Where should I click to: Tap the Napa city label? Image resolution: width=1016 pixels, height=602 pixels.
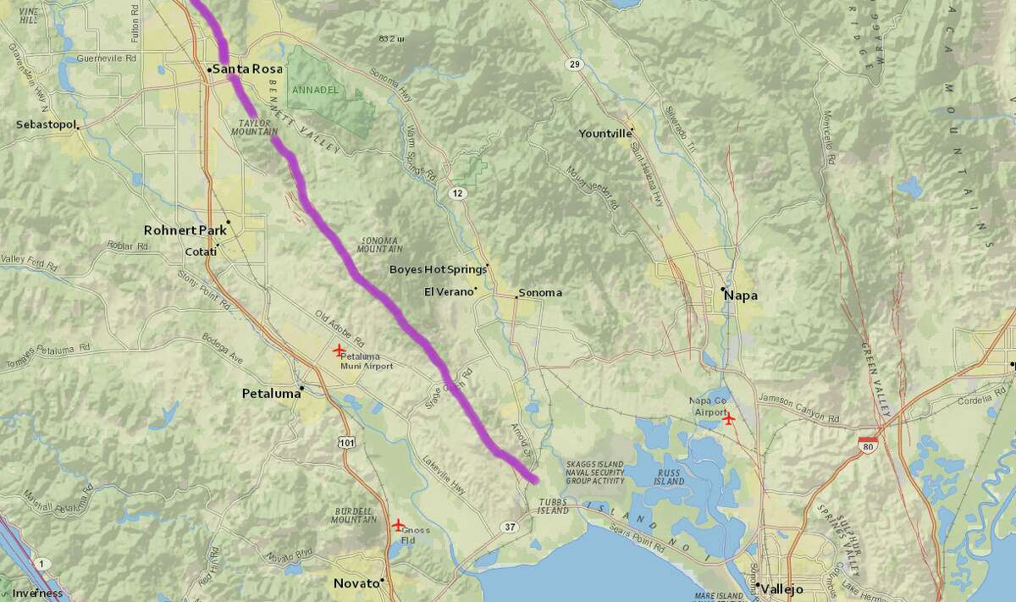[741, 295]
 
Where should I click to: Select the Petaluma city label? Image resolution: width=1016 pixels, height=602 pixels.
[271, 394]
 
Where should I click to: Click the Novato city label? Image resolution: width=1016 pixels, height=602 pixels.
[356, 583]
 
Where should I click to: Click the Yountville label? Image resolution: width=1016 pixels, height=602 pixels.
[605, 134]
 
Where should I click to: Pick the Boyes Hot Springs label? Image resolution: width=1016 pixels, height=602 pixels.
[437, 269]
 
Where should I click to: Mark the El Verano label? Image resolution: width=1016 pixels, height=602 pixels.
[446, 292]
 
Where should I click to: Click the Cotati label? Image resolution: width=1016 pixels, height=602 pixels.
[201, 251]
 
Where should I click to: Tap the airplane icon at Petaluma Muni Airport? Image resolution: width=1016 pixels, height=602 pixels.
[340, 351]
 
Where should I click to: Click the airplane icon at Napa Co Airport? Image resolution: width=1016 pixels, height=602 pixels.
[728, 417]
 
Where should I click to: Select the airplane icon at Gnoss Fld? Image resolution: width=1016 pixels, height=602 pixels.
[398, 524]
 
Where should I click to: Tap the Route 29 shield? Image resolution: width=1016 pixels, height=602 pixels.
[574, 64]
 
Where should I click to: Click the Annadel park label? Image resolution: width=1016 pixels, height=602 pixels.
[315, 90]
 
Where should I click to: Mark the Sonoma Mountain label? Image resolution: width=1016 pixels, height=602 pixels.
[380, 244]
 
